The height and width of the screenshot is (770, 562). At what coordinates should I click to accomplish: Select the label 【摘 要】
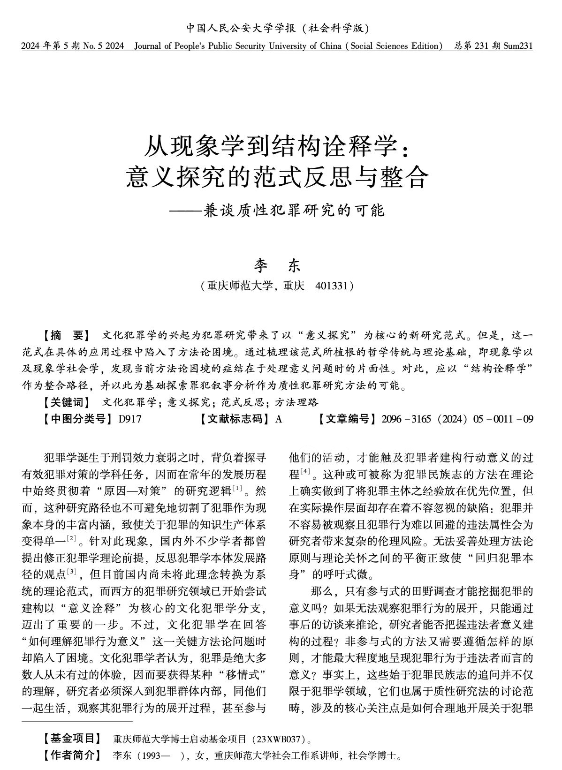[65, 336]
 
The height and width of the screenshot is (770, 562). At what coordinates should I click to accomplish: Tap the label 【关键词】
[65, 402]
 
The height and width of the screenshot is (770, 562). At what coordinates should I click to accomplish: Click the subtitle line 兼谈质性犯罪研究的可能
[294, 210]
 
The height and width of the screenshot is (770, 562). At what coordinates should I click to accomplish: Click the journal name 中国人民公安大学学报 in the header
[241, 28]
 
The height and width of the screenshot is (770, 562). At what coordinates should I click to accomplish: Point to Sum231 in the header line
[518, 46]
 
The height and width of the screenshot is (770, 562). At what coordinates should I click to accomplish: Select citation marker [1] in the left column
[237, 489]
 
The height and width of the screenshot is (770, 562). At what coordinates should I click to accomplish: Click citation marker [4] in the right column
[305, 471]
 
